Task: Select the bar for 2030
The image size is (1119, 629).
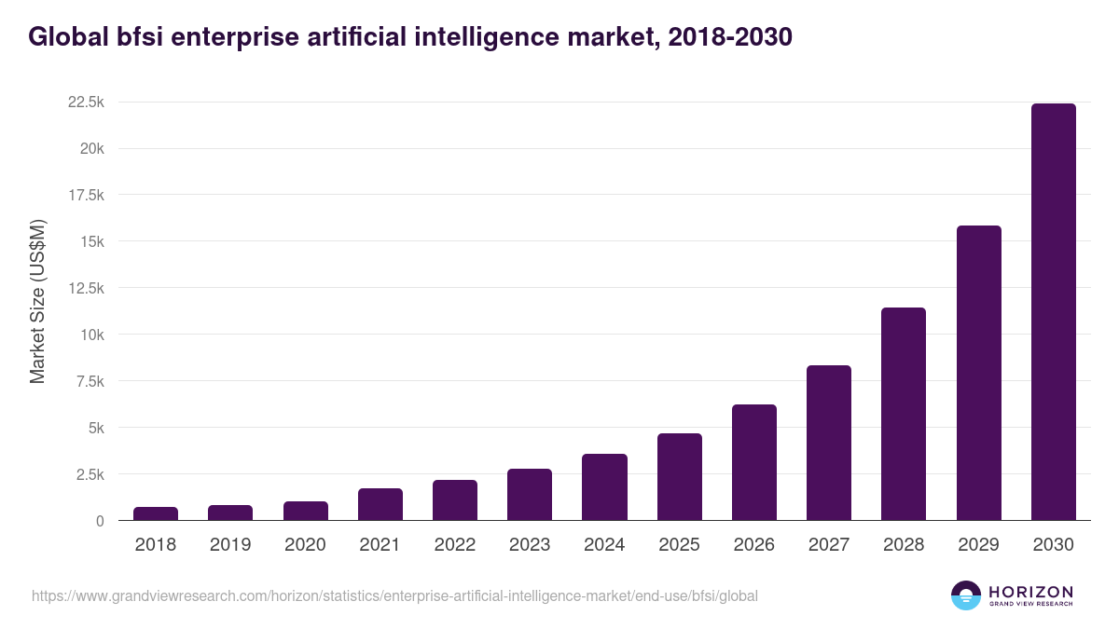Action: tap(1053, 312)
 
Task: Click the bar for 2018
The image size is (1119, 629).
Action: tap(156, 513)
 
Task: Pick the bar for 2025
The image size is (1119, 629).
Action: tap(679, 477)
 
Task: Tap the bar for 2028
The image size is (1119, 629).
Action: tap(904, 414)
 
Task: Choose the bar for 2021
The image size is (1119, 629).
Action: tap(380, 504)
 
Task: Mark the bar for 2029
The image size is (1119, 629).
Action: tap(978, 373)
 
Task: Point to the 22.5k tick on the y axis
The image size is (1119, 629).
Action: tap(86, 102)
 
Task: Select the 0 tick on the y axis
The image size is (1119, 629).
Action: tap(99, 521)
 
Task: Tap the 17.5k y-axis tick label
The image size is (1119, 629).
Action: tap(86, 195)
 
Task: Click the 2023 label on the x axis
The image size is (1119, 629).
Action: tap(530, 545)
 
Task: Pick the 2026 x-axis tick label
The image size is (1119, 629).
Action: tap(753, 545)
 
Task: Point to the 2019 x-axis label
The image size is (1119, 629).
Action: tap(230, 545)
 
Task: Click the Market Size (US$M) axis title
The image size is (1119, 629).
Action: tap(37, 302)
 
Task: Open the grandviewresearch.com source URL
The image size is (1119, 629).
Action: tap(394, 595)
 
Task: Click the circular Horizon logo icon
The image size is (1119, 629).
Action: tap(966, 595)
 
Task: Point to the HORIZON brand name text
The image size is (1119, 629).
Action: tap(1030, 591)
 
